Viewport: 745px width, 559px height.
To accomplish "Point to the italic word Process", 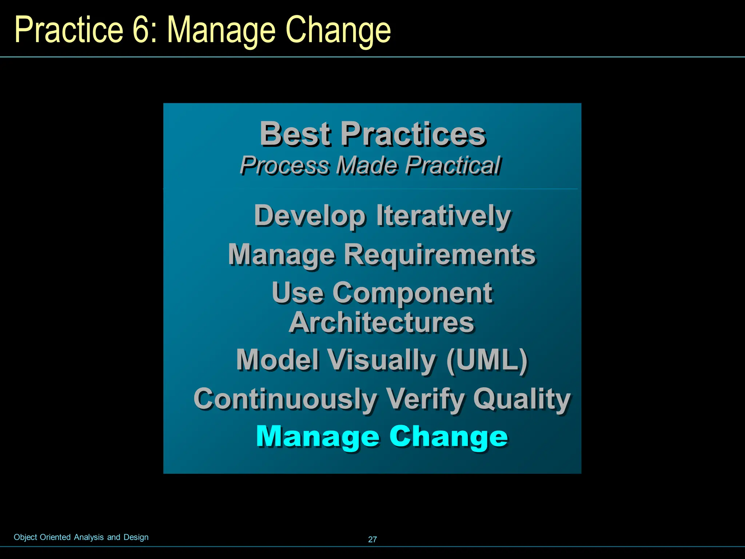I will [x=284, y=166].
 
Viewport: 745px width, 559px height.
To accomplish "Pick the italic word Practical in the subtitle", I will [x=453, y=166].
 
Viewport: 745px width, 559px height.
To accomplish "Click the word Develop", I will [x=310, y=216].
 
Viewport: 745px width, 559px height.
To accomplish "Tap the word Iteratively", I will [x=443, y=216].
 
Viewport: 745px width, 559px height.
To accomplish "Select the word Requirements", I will [x=439, y=255].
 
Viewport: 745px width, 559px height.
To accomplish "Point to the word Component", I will [x=413, y=294].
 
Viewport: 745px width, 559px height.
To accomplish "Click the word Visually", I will [x=382, y=360].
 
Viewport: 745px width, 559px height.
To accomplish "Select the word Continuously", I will [x=285, y=399].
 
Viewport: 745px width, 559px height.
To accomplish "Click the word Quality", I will [x=522, y=399].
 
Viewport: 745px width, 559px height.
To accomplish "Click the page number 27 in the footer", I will [x=372, y=539].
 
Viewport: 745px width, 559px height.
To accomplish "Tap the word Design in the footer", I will [x=136, y=537].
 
